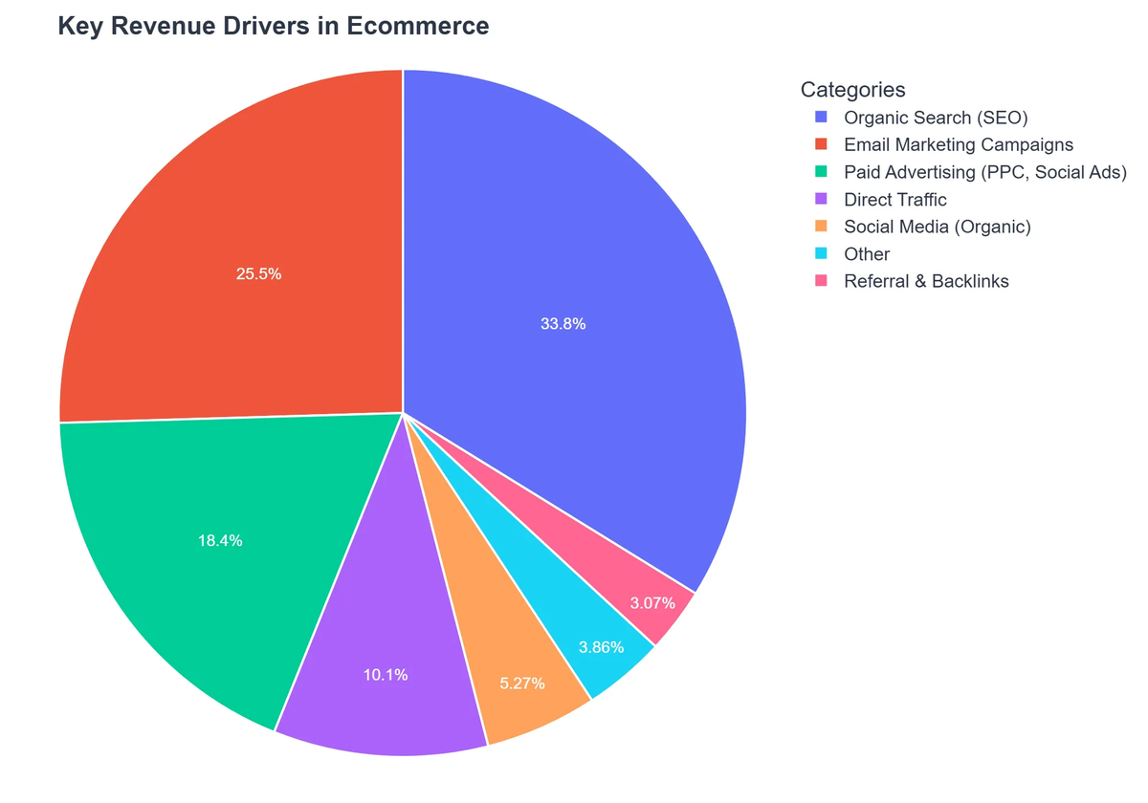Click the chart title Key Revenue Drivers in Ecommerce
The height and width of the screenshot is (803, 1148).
tap(273, 26)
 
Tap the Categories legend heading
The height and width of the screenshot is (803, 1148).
tap(852, 90)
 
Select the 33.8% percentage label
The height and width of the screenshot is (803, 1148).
tap(563, 324)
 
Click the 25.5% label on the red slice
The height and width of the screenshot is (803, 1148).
tap(258, 273)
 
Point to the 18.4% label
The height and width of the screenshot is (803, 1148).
tap(220, 540)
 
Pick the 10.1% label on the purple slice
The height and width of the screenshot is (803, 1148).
tap(386, 675)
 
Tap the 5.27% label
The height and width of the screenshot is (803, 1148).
tap(522, 684)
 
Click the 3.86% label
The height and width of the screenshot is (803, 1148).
tap(601, 647)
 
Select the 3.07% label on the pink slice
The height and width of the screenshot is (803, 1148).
tap(652, 603)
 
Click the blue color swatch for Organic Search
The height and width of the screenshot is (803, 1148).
tap(821, 118)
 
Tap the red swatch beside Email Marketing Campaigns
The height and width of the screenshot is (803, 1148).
tap(821, 145)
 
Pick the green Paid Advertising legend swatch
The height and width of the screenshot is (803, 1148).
tap(821, 172)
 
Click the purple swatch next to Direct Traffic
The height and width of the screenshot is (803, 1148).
tap(821, 200)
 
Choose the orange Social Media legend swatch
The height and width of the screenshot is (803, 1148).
tap(821, 227)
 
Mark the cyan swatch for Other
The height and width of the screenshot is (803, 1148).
tap(821, 254)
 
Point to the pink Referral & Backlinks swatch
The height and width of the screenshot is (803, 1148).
tap(821, 281)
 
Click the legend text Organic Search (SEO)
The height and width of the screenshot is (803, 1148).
tap(936, 118)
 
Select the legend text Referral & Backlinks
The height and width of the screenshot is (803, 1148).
tap(926, 281)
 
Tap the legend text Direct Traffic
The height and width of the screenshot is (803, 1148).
tap(895, 200)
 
